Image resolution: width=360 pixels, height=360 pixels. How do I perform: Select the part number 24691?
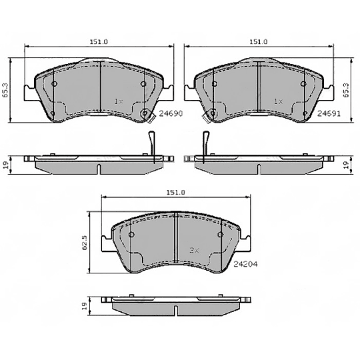[x=328, y=113]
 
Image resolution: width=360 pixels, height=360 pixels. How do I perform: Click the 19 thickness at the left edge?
[x=5, y=164]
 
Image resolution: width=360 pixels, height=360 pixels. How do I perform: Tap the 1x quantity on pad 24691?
[x=279, y=101]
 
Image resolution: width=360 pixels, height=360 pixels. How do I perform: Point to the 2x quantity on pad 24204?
[x=195, y=251]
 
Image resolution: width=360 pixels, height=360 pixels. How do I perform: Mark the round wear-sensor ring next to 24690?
[x=147, y=113]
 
